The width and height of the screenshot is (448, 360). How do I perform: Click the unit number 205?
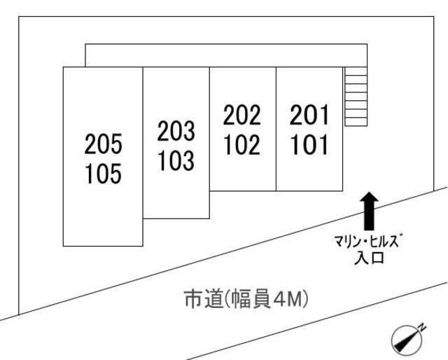tap(103, 144)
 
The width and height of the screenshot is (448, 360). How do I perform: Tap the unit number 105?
tap(103, 173)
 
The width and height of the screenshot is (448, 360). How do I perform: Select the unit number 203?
tap(176, 131)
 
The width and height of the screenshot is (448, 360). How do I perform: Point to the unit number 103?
tap(176, 160)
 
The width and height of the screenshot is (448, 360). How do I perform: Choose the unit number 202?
tap(242, 114)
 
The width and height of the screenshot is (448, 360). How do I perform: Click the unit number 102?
tap(242, 144)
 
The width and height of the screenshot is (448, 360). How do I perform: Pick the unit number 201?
tap(309, 114)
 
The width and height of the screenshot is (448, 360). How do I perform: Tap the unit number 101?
tap(309, 144)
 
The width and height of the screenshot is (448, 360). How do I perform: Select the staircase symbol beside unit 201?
tap(356, 97)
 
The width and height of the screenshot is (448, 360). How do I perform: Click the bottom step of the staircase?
tap(356, 122)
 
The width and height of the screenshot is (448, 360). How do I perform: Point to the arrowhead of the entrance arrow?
tap(369, 200)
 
